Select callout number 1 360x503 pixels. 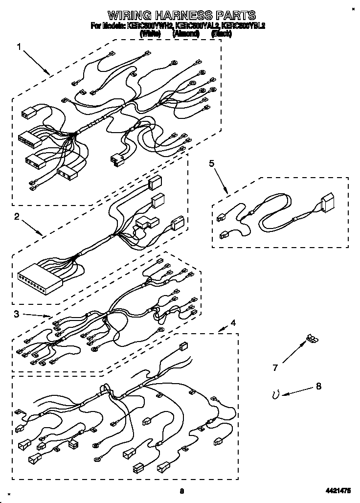[19, 47]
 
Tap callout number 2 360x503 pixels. [17, 217]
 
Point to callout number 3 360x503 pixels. [17, 314]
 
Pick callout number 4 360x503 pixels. [233, 322]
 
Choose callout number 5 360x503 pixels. [212, 163]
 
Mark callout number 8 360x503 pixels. [318, 386]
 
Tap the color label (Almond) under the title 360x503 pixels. [186, 34]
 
